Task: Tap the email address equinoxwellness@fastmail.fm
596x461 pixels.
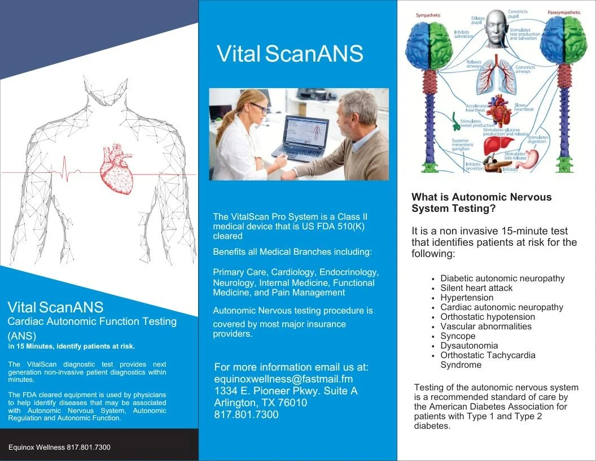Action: tap(283, 379)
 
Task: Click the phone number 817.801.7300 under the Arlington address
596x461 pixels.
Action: tap(246, 415)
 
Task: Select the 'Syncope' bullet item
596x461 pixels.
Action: tap(458, 336)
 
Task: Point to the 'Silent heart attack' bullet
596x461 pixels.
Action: tap(476, 288)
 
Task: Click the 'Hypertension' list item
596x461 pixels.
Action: tap(467, 298)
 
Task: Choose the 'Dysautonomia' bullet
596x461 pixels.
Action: tap(469, 346)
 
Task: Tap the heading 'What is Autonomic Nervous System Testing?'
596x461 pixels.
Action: tap(481, 203)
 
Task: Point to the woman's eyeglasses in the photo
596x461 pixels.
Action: tap(259, 107)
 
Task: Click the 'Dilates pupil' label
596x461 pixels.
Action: tap(477, 20)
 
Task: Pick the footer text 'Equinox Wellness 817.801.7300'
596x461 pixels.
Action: tap(59, 447)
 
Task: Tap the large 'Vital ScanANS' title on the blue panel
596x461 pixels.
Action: tap(290, 54)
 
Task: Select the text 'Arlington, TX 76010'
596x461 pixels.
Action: tap(260, 403)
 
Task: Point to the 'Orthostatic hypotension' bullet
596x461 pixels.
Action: tap(488, 317)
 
